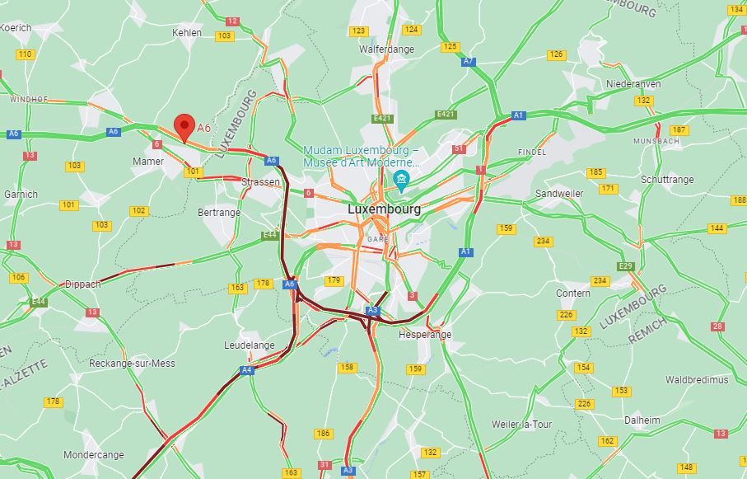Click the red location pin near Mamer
pos(184,128)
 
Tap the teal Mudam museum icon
pos(402,181)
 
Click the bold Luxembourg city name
pos(384,209)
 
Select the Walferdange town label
pos(386,49)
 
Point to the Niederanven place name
pos(633,84)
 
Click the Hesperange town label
pos(425,335)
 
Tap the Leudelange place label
pos(250,345)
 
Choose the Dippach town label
pos(82,284)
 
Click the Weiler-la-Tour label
pos(523,425)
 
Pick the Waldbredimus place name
pos(697,380)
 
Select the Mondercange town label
pos(94,455)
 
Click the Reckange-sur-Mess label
pos(132,364)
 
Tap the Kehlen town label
pos(187,33)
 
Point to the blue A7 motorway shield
pos(469,61)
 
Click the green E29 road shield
pos(625,266)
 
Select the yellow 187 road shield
pos(679,130)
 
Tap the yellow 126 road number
pos(557,55)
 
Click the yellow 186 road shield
pos(324,434)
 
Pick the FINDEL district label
pos(532,153)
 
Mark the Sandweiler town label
pos(558,194)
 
